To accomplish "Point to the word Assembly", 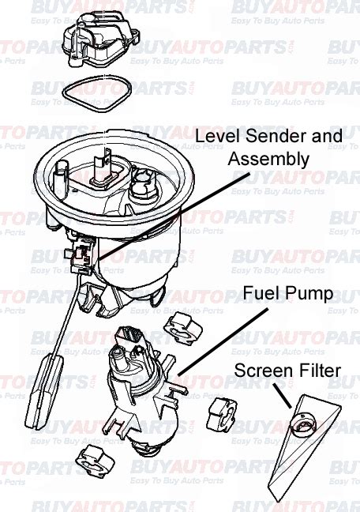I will pyautogui.click(x=268, y=159).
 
